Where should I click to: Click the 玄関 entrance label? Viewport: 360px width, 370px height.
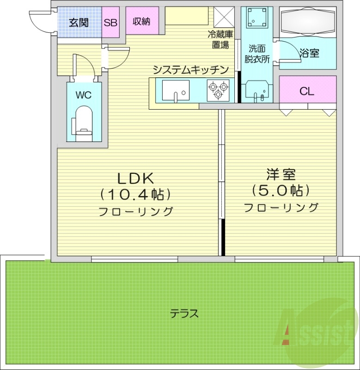(79, 22)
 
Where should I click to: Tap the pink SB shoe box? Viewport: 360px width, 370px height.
(110, 22)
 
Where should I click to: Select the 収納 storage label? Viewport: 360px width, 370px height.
(142, 21)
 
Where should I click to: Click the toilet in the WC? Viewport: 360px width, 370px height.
(84, 123)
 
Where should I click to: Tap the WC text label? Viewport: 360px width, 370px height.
(84, 95)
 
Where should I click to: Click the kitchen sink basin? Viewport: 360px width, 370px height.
(176, 90)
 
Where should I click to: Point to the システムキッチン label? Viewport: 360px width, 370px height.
(191, 70)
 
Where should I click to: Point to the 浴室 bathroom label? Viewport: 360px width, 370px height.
(310, 53)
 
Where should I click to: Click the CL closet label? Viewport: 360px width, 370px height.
(307, 91)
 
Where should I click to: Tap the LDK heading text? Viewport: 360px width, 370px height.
(134, 178)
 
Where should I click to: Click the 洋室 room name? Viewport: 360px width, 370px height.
(281, 175)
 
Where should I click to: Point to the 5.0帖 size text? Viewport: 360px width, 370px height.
(281, 191)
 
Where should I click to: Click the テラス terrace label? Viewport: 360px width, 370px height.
(184, 314)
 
